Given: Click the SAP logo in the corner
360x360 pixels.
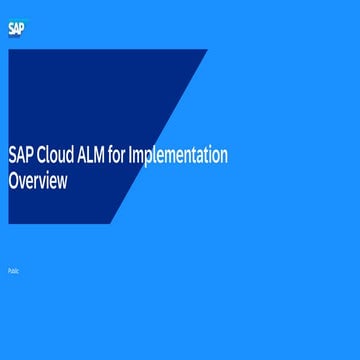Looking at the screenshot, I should pos(17,29).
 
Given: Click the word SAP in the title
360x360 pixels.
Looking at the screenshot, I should pos(20,156).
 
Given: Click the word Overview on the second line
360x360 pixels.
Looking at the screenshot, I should pos(38,181).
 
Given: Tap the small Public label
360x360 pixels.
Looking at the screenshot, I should pos(13,271).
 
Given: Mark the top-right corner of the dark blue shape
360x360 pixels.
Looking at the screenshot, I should pos(207,50).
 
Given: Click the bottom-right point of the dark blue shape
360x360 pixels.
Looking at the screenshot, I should pos(110,223).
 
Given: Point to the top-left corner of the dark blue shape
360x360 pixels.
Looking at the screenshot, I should pos(9,50).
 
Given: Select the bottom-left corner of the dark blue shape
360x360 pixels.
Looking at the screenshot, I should pos(9,223).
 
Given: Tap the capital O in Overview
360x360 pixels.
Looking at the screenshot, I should pos(14,181).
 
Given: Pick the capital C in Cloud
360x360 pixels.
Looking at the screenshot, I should pos(40,156).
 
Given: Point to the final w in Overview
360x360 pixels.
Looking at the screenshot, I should pos(63,182).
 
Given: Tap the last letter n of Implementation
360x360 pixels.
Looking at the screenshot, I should pos(224,156).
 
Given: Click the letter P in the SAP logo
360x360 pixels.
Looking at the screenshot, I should pos(23,29).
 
